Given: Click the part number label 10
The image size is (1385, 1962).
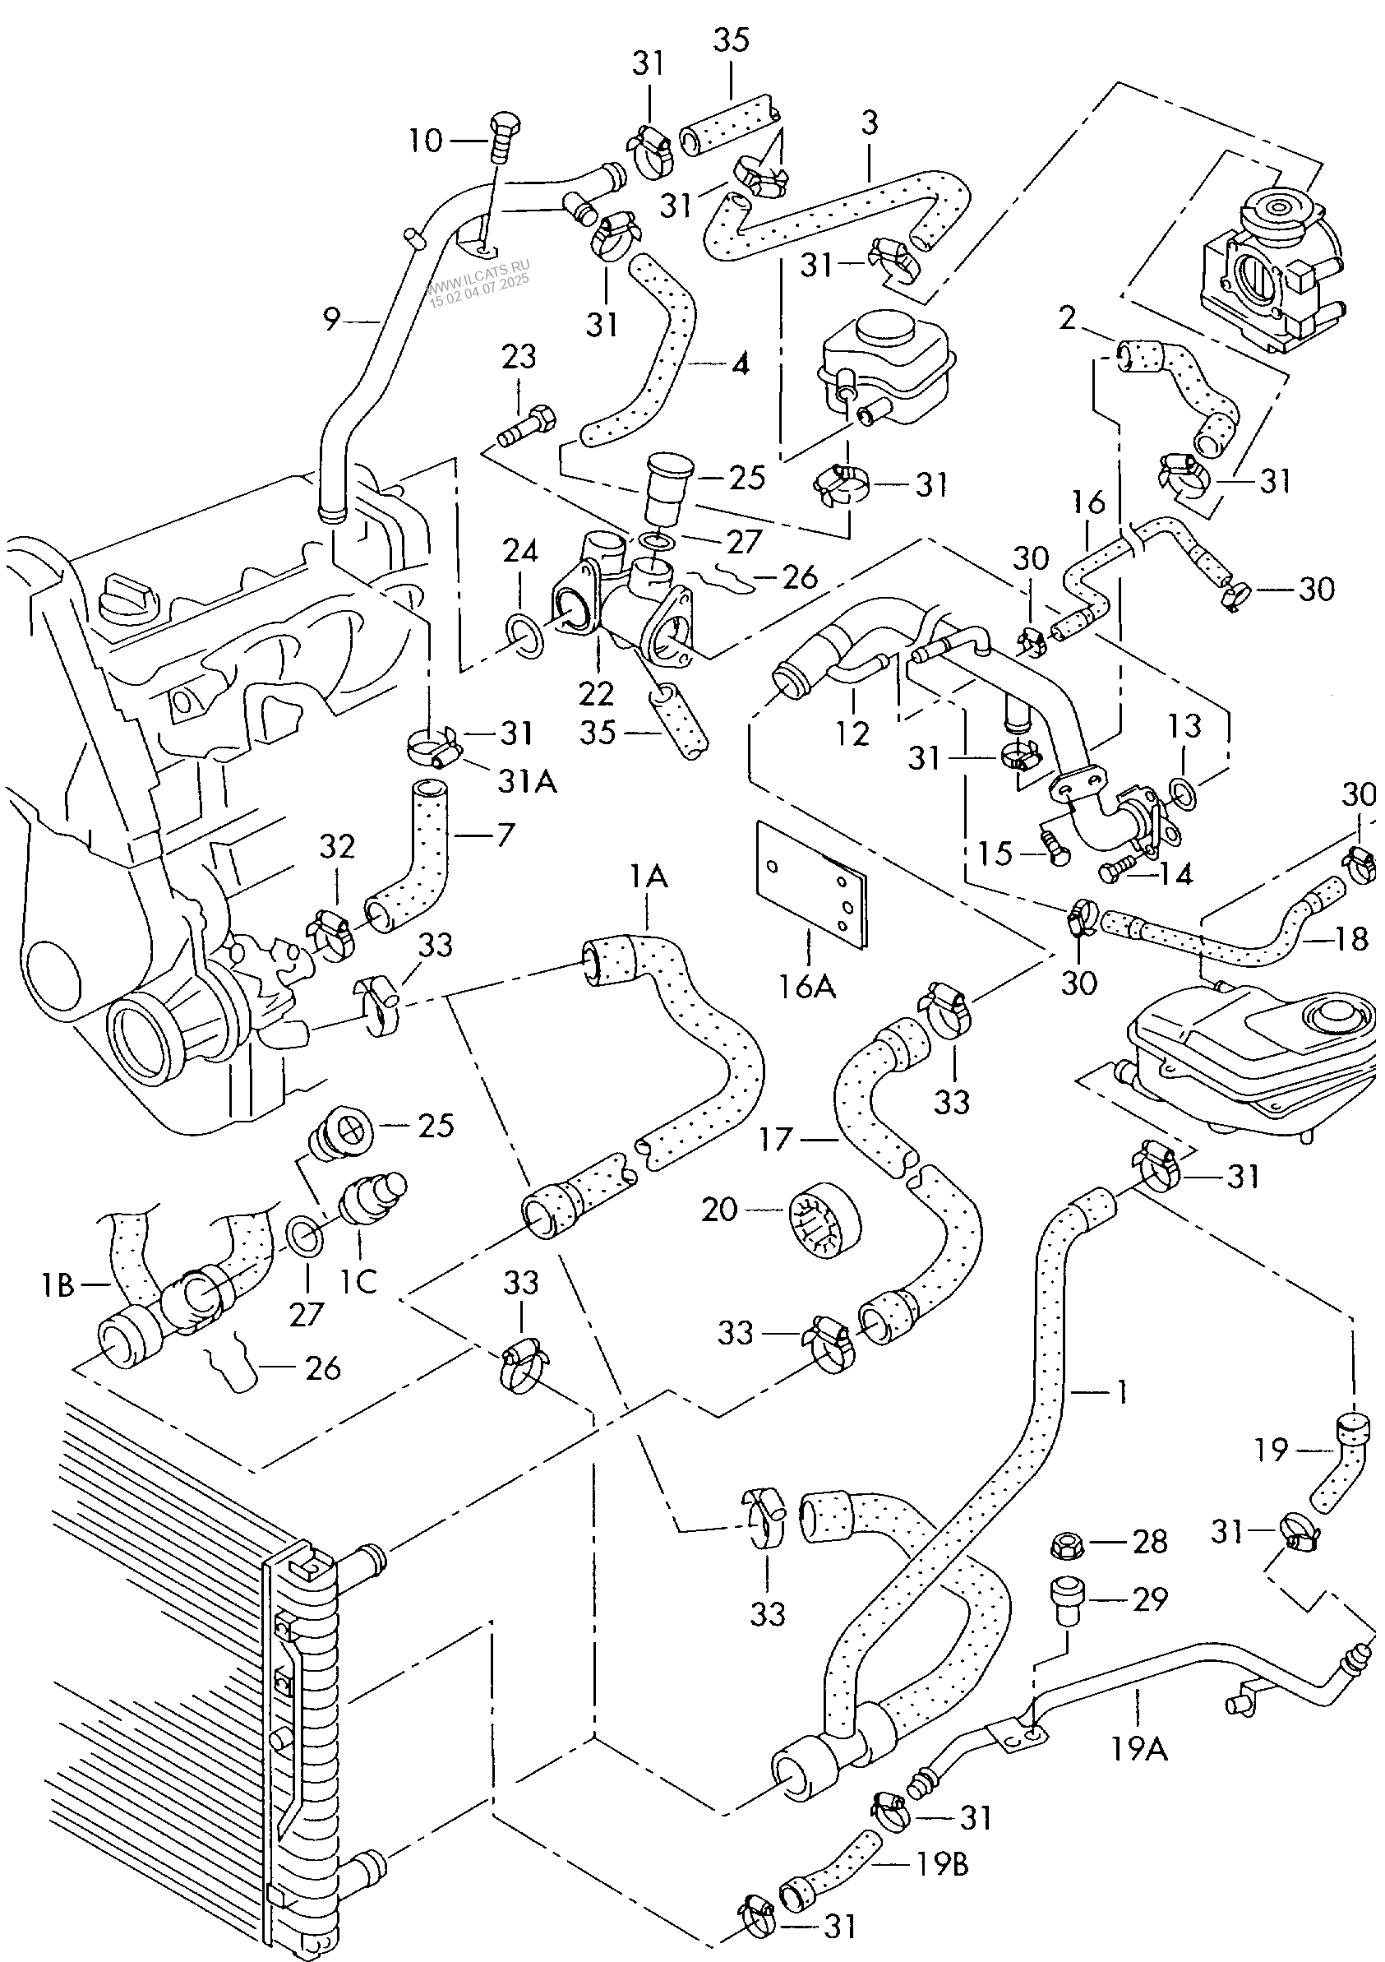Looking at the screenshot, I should click(x=425, y=140).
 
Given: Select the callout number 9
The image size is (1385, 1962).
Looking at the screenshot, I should click(x=332, y=320).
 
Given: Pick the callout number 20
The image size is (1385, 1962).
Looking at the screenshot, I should click(x=719, y=1210).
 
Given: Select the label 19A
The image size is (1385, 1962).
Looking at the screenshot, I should click(x=1139, y=1750).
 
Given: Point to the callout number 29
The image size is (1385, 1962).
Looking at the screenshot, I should click(x=1149, y=1599).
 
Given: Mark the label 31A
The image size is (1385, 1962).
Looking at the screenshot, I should click(x=527, y=780).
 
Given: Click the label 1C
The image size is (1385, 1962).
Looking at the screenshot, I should click(x=359, y=1283).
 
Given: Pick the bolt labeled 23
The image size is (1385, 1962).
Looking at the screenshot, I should click(x=524, y=427).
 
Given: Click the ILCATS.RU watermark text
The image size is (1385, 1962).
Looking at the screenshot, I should click(x=478, y=280).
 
